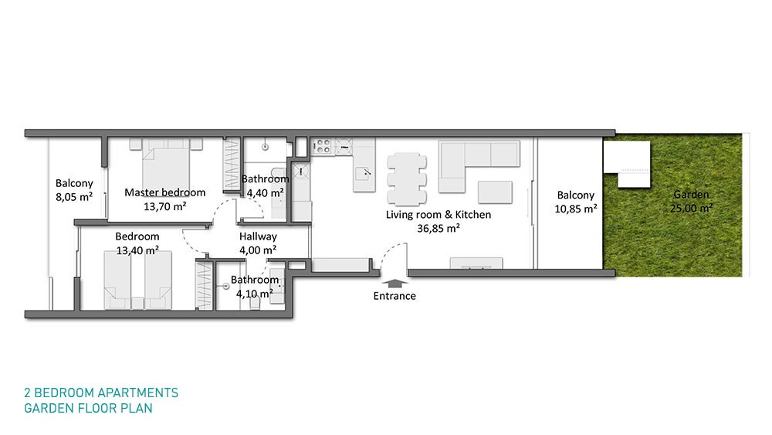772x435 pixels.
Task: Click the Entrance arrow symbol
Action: (394, 284)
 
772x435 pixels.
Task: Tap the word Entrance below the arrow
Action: (394, 296)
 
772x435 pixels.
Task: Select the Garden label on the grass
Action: (691, 195)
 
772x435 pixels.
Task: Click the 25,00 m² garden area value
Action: (691, 209)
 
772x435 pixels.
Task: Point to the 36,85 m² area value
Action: (438, 229)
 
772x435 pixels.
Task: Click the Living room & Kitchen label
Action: (438, 215)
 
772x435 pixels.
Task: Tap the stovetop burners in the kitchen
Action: (323, 146)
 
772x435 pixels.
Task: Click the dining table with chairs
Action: (407, 178)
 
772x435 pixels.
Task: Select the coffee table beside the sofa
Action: (495, 192)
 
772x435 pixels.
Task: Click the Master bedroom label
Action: (165, 192)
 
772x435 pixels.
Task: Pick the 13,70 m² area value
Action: (165, 206)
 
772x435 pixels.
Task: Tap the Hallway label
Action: (258, 237)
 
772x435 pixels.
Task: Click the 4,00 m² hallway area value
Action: (258, 250)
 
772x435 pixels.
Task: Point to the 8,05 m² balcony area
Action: (74, 197)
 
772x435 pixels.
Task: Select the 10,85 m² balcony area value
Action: (576, 209)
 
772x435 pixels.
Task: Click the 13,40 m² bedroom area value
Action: (137, 250)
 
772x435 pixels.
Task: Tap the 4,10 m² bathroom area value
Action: (255, 294)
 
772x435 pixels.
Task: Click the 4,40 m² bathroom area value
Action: (265, 193)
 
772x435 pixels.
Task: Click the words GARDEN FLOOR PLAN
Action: (88, 409)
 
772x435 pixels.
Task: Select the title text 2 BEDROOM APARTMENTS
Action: (101, 393)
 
